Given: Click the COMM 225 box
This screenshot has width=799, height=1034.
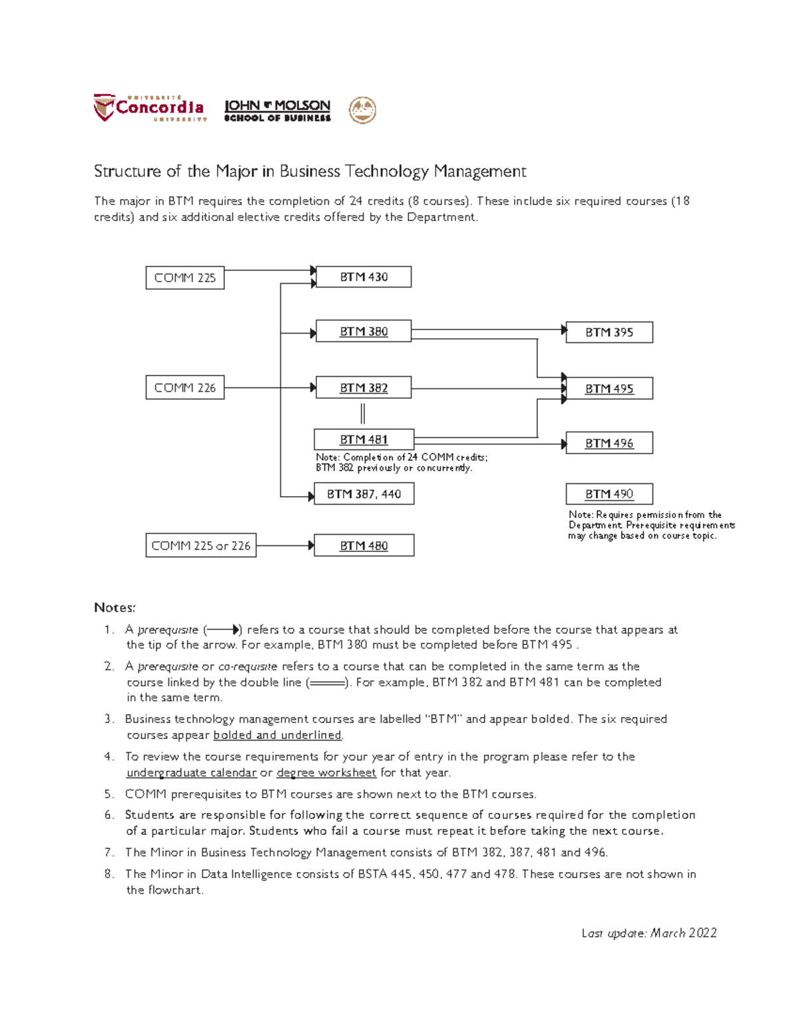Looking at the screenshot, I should point(185,278).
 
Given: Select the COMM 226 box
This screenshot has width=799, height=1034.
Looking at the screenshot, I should point(185,388).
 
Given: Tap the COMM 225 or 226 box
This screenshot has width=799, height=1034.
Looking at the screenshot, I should point(201,545).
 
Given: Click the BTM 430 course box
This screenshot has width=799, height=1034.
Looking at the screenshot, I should point(364,277).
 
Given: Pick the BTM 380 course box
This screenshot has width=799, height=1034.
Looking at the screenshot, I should point(364,332).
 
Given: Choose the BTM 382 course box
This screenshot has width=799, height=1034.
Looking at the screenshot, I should point(364,388).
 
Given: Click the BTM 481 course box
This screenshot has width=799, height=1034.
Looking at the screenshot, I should point(364,439).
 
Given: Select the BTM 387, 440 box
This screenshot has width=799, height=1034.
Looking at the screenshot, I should point(364,494).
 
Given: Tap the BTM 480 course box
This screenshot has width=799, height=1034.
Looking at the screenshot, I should point(364,545).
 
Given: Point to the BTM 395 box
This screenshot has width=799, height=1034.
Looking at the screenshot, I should point(609,332).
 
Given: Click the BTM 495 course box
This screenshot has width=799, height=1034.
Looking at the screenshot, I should point(609,388).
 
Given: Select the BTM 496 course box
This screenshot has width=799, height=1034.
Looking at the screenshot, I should point(609,443).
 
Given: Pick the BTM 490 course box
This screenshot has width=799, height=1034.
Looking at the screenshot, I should point(609,494).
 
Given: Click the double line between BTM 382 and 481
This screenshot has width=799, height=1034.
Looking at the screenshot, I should point(363,413).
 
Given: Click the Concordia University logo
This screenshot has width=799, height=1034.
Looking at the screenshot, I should point(150,108).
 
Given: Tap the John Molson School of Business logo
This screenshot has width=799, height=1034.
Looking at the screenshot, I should point(277,111).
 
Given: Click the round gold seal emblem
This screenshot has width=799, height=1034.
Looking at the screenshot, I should point(363,110).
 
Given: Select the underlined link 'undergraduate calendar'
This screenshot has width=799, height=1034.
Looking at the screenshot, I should point(191,772).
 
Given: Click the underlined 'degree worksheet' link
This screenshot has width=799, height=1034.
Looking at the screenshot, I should point(326,772).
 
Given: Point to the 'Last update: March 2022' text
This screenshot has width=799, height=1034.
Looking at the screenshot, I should point(649,933).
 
